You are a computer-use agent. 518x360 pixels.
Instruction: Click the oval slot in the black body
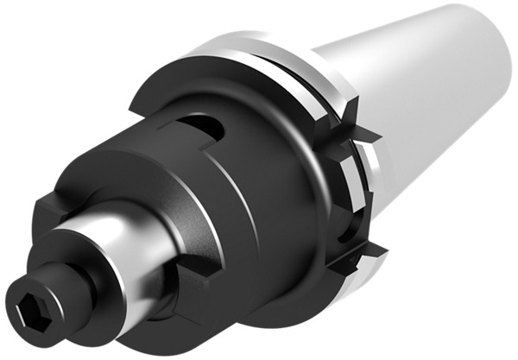click(207, 129)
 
